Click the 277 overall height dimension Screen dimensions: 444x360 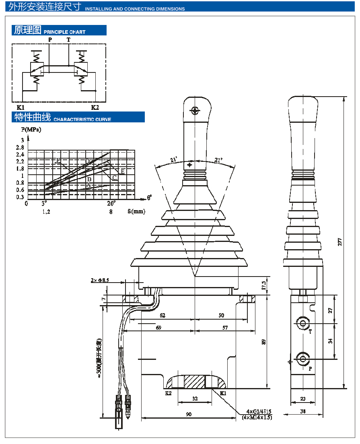(x=340, y=242)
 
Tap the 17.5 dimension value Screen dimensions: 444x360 (x=264, y=285)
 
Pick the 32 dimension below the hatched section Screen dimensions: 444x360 (x=195, y=399)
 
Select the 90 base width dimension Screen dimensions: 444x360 (x=188, y=414)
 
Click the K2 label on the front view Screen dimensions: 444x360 (x=169, y=393)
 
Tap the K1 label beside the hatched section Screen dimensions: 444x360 (x=223, y=393)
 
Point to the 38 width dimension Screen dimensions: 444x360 (x=302, y=412)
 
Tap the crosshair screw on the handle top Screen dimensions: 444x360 (x=195, y=110)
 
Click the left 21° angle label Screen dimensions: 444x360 (x=173, y=160)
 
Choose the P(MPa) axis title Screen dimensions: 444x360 (x=31, y=130)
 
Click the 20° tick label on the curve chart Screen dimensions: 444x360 (x=111, y=203)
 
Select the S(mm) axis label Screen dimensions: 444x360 (x=137, y=211)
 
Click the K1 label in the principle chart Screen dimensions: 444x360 (x=21, y=107)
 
